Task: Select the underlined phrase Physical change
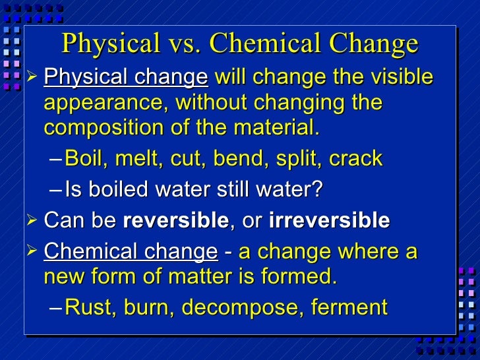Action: click(x=125, y=78)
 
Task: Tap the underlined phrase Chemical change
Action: click(x=130, y=252)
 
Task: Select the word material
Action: click(x=280, y=128)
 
